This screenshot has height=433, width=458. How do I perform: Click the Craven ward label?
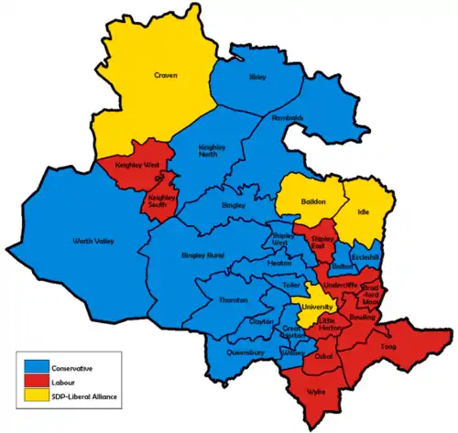click(x=166, y=76)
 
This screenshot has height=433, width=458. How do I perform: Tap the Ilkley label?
click(x=257, y=78)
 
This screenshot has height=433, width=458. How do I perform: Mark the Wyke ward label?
click(x=316, y=391)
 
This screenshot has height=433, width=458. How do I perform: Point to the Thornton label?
click(x=233, y=300)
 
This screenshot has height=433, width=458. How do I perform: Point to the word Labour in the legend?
click(x=68, y=382)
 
